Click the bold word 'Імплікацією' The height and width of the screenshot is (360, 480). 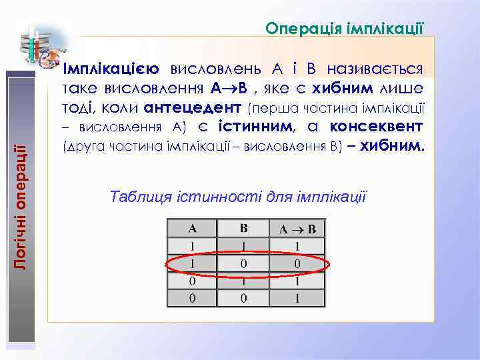110,69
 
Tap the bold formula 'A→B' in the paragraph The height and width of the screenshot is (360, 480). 229,88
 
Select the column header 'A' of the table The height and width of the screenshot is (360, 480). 193,229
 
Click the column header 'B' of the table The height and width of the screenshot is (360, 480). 244,229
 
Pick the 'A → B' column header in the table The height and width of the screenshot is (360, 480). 297,229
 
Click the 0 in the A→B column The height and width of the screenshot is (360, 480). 297,263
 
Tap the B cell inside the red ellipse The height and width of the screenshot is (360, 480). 244,263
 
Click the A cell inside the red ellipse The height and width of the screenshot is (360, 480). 193,263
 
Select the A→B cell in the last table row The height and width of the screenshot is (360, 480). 297,297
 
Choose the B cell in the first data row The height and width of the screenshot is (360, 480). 244,246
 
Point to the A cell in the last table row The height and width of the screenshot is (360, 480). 193,297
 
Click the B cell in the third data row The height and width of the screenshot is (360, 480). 244,281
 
